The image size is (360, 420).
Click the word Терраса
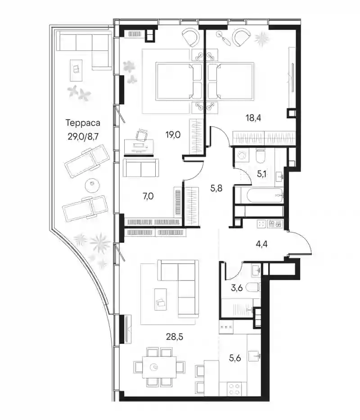(83, 123)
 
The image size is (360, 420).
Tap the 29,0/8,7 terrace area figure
(83, 136)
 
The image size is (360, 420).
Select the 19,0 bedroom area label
(173, 135)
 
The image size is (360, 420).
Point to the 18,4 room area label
(253, 117)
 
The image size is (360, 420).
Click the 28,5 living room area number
(175, 337)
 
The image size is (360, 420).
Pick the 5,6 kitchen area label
(235, 358)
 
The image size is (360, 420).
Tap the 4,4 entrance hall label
(261, 244)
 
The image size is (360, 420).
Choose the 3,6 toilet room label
(237, 288)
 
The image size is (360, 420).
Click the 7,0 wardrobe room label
(148, 196)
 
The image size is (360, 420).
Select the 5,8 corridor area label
(216, 188)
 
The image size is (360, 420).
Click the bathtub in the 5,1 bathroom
(258, 196)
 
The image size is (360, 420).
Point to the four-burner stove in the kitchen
(234, 388)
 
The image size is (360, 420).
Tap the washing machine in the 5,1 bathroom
(242, 155)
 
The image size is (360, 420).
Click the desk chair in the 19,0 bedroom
(142, 134)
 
